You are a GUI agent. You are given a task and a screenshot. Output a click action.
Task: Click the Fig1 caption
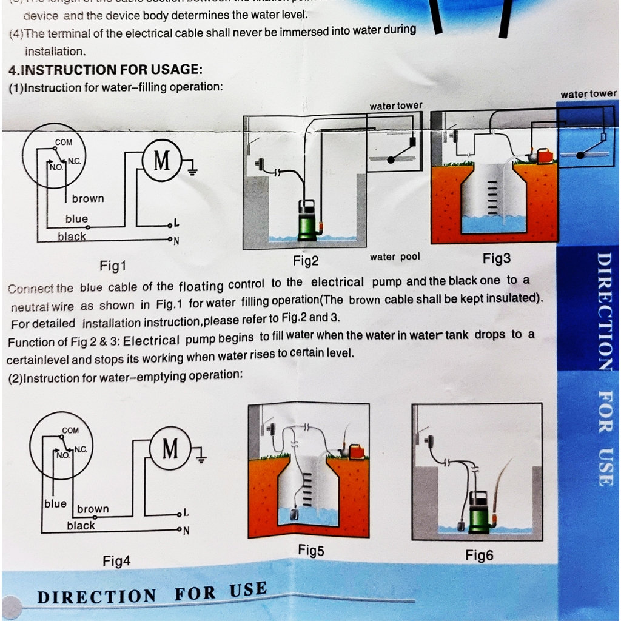[x=113, y=266]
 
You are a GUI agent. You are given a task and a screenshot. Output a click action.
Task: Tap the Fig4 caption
[x=116, y=562]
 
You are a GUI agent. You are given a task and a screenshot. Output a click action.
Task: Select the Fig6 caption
[x=479, y=555]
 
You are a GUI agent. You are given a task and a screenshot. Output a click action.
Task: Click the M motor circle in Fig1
[x=161, y=161]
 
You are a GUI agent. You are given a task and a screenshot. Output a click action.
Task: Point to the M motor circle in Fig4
[x=170, y=449]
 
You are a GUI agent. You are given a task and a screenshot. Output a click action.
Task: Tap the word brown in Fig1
[x=88, y=199]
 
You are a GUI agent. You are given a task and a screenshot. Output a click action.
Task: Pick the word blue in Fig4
[x=55, y=504]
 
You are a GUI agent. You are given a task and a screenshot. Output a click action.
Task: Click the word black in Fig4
[x=81, y=526]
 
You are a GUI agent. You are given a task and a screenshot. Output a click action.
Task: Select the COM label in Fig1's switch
[x=64, y=143]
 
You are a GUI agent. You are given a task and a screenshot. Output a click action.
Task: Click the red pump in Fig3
[x=545, y=156]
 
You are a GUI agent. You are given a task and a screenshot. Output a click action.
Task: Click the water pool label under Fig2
[x=395, y=257]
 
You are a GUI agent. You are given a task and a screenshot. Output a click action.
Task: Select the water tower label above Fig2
[x=396, y=106]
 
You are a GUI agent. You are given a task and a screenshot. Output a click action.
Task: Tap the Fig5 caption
[x=311, y=551]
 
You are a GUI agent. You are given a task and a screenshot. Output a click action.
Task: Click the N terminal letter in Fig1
[x=176, y=241]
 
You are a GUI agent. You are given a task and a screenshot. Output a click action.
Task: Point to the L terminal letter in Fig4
[x=186, y=514]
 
